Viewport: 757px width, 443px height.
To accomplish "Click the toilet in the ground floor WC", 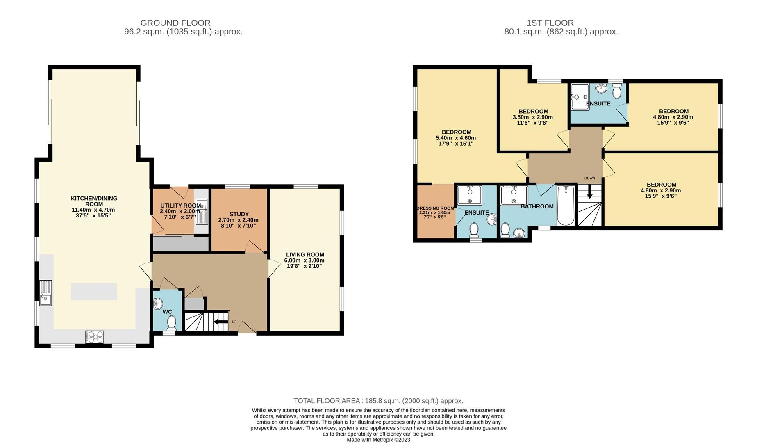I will point(172,323).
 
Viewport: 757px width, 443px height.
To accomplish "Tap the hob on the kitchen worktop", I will point(95,337).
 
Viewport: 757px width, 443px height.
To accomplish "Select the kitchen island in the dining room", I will point(94,292).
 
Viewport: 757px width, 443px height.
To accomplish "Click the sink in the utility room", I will point(202,212).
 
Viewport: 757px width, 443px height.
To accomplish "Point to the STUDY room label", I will point(239,214).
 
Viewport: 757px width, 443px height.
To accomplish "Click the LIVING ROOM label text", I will point(305,255).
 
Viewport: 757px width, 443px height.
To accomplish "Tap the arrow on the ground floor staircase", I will point(221,322).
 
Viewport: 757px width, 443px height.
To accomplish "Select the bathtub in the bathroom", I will point(566,206).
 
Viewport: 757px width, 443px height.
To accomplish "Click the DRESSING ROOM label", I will point(435,208).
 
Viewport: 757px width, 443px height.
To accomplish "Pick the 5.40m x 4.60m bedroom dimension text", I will point(456,138).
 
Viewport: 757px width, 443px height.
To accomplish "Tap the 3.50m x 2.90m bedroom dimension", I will point(533,117).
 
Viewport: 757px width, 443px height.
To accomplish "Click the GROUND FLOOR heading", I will point(175,23).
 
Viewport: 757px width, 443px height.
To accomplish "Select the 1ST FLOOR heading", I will point(550,23).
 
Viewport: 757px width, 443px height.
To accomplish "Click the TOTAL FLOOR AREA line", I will point(378,401).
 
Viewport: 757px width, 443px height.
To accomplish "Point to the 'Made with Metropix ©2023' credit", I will point(378,440).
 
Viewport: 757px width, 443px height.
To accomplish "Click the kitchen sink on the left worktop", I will point(45,293).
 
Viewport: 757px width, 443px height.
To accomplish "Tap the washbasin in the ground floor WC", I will point(158,304).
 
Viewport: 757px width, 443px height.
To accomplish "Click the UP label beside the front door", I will point(234,322).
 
